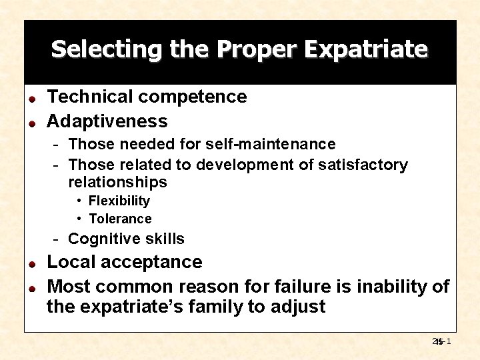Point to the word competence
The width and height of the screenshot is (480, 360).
(x=193, y=97)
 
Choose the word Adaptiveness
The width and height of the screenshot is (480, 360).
(x=107, y=121)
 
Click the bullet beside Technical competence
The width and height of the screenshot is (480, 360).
(x=31, y=98)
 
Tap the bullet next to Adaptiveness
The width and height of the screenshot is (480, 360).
(x=31, y=122)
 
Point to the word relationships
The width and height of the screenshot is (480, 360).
(x=117, y=182)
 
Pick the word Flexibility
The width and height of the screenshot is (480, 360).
(x=119, y=201)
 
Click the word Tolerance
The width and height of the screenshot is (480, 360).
(x=120, y=219)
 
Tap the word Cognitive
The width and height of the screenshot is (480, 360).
(x=100, y=239)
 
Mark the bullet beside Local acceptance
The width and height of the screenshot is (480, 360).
(x=31, y=263)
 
